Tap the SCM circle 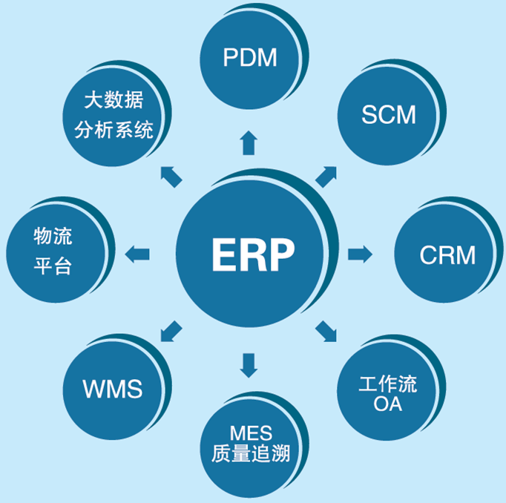click(387, 116)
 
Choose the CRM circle click(446, 254)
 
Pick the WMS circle click(112, 388)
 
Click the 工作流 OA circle click(387, 394)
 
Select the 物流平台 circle click(53, 252)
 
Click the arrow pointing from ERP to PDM click(249, 143)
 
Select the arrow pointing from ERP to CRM click(360, 254)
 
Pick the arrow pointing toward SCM click(326, 177)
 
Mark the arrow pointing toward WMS click(171, 331)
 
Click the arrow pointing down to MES click(249, 364)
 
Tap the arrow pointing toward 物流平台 click(137, 254)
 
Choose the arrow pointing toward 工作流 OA click(326, 332)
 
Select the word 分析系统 click(114, 131)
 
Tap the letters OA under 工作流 click(387, 405)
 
